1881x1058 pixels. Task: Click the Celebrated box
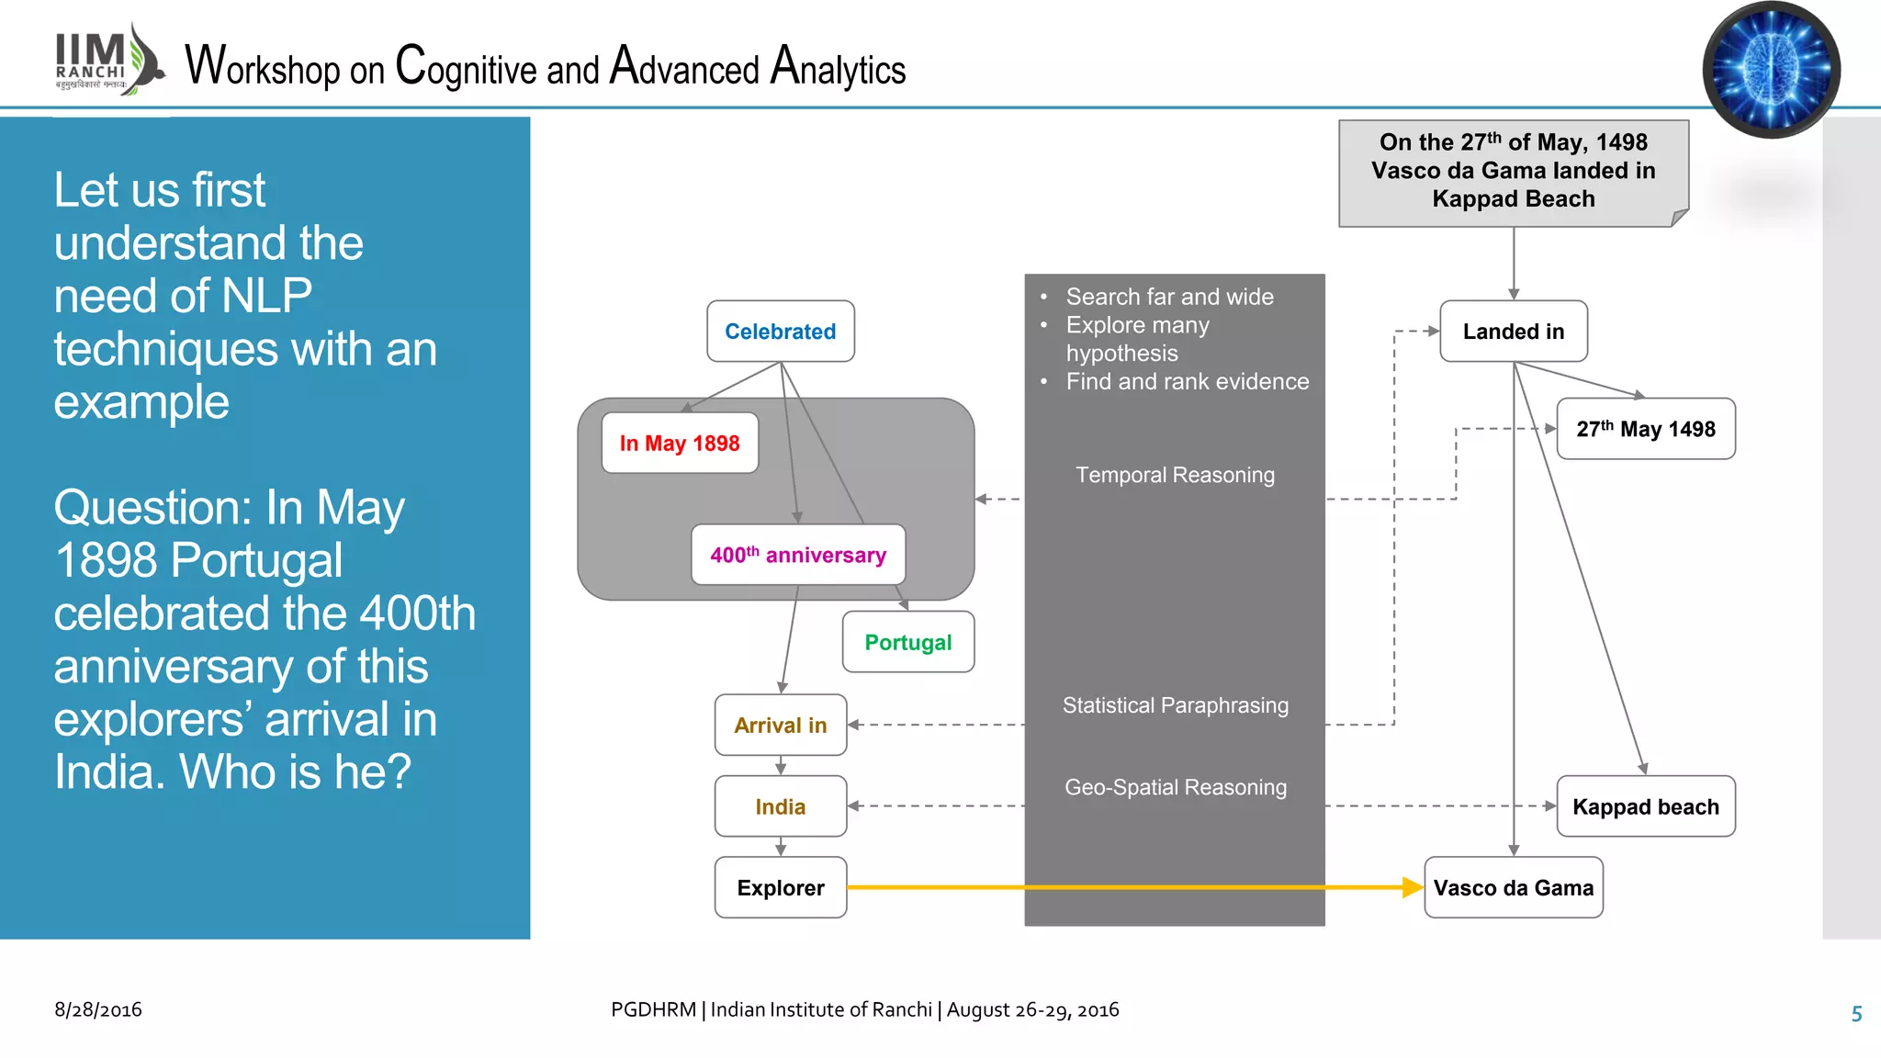pyautogui.click(x=780, y=332)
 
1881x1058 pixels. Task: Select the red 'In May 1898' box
pyautogui.click(x=680, y=444)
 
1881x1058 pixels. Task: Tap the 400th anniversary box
pyautogui.click(x=797, y=555)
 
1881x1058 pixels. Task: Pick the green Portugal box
pyautogui.click(x=907, y=642)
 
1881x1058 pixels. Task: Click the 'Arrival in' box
pyautogui.click(x=780, y=726)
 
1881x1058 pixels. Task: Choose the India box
pyautogui.click(x=780, y=806)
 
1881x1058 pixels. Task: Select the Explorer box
pyautogui.click(x=780, y=887)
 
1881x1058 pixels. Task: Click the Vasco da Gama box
pyautogui.click(x=1513, y=887)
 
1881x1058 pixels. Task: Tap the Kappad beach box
pyautogui.click(x=1645, y=806)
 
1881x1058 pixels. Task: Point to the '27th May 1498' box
pyautogui.click(x=1645, y=429)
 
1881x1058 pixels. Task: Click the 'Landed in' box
pyautogui.click(x=1513, y=332)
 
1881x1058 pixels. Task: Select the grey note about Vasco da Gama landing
pyautogui.click(x=1513, y=172)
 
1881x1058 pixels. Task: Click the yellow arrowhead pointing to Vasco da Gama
pyautogui.click(x=1413, y=887)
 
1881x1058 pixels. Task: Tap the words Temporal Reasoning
pyautogui.click(x=1175, y=475)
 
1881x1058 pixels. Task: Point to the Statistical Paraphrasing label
pyautogui.click(x=1175, y=705)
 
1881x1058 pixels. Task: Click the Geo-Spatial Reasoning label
pyautogui.click(x=1175, y=787)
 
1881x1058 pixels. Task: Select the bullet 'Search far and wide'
pyautogui.click(x=1169, y=297)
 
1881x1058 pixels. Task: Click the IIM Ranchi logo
pyautogui.click(x=107, y=61)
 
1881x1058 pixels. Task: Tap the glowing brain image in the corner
pyautogui.click(x=1770, y=70)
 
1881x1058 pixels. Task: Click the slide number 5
pyautogui.click(x=1856, y=1014)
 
